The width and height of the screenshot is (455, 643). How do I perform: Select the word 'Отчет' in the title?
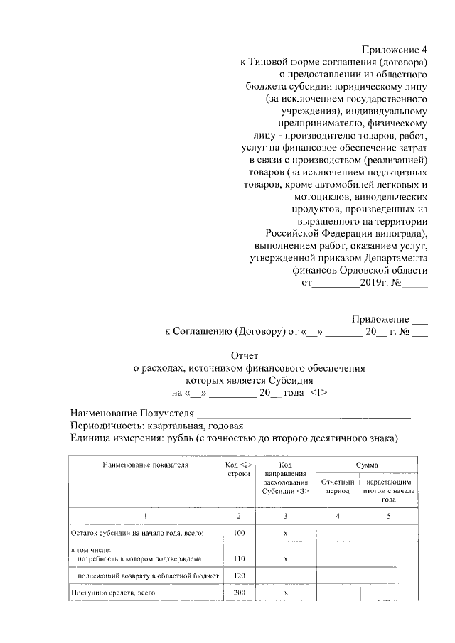click(246, 355)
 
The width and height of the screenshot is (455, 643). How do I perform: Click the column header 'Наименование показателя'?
click(144, 465)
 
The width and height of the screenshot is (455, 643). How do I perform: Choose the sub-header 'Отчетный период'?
click(338, 487)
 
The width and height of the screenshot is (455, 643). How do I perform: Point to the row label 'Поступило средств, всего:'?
click(112, 592)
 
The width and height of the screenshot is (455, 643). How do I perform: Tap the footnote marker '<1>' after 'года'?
click(318, 393)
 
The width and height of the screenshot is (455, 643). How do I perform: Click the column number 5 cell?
click(388, 514)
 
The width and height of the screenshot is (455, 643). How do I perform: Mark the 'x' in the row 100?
click(284, 532)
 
